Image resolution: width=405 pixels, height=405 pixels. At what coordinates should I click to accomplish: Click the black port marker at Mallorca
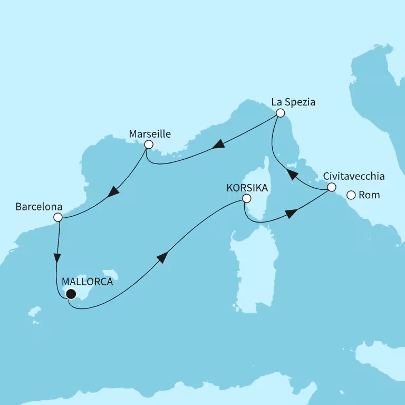(x=70, y=294)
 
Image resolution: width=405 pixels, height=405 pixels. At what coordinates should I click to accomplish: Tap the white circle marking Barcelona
(x=58, y=217)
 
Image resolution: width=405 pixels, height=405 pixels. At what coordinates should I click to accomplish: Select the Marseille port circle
(x=149, y=144)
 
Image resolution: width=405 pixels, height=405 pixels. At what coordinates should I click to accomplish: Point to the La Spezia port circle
(x=281, y=113)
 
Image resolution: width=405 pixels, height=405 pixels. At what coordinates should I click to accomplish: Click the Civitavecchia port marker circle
(x=331, y=187)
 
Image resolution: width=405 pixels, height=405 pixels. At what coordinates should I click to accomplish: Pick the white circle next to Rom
(x=351, y=196)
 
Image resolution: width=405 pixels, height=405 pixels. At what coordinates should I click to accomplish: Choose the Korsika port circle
(x=246, y=199)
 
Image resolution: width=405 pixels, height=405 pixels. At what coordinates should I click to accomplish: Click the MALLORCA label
(x=88, y=282)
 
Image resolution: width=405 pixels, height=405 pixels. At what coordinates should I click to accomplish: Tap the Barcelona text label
(x=39, y=207)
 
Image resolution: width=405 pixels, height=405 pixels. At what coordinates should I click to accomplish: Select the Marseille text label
(x=150, y=134)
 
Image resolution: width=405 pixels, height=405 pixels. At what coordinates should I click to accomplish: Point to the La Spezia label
(x=293, y=102)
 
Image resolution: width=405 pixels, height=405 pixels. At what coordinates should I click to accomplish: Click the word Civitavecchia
(x=354, y=176)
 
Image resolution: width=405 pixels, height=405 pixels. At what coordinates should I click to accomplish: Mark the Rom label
(x=369, y=196)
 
